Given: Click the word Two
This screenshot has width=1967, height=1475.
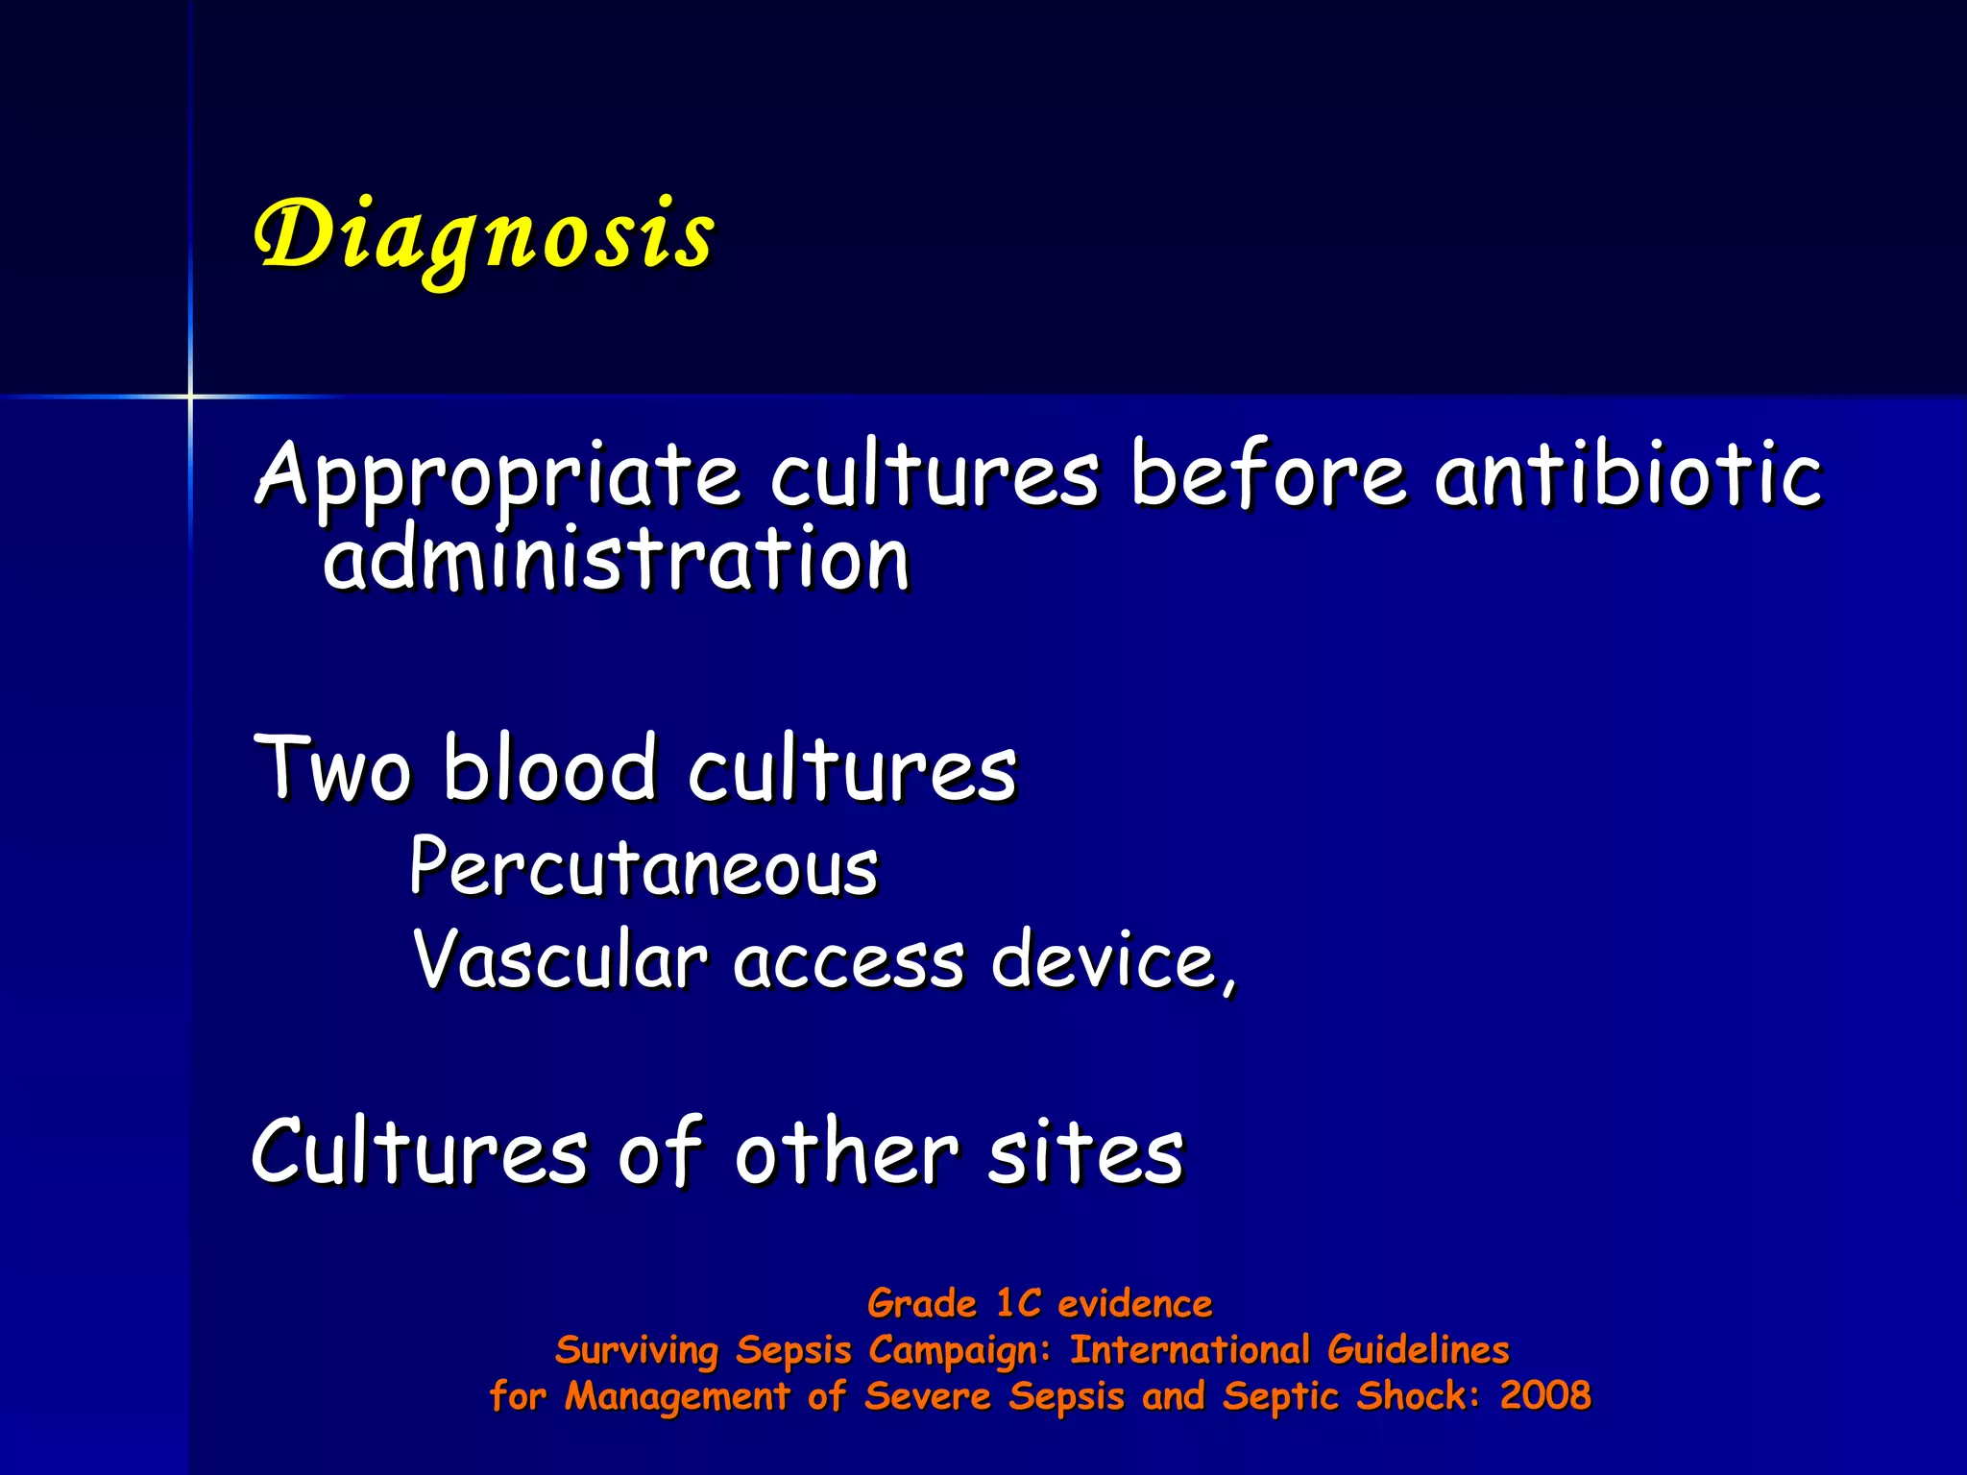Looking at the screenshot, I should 332,768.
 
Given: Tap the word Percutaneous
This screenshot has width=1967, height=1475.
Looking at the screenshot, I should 644,867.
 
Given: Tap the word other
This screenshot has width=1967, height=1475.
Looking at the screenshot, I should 846,1152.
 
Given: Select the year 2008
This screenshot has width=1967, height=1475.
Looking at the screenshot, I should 1545,1395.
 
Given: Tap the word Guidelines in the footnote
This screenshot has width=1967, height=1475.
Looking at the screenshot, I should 1419,1350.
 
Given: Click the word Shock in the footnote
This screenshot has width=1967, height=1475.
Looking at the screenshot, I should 1419,1395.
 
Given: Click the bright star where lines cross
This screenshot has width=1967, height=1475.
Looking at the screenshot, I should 190,396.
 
